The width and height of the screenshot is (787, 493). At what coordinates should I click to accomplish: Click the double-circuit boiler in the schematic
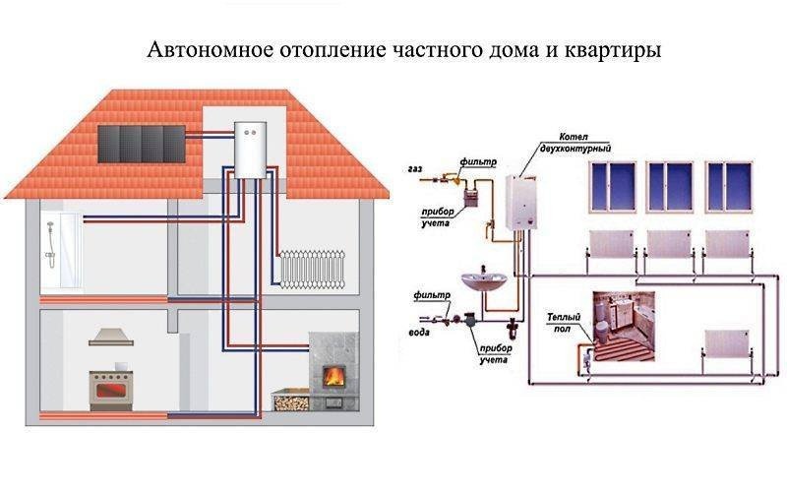click(x=522, y=205)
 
